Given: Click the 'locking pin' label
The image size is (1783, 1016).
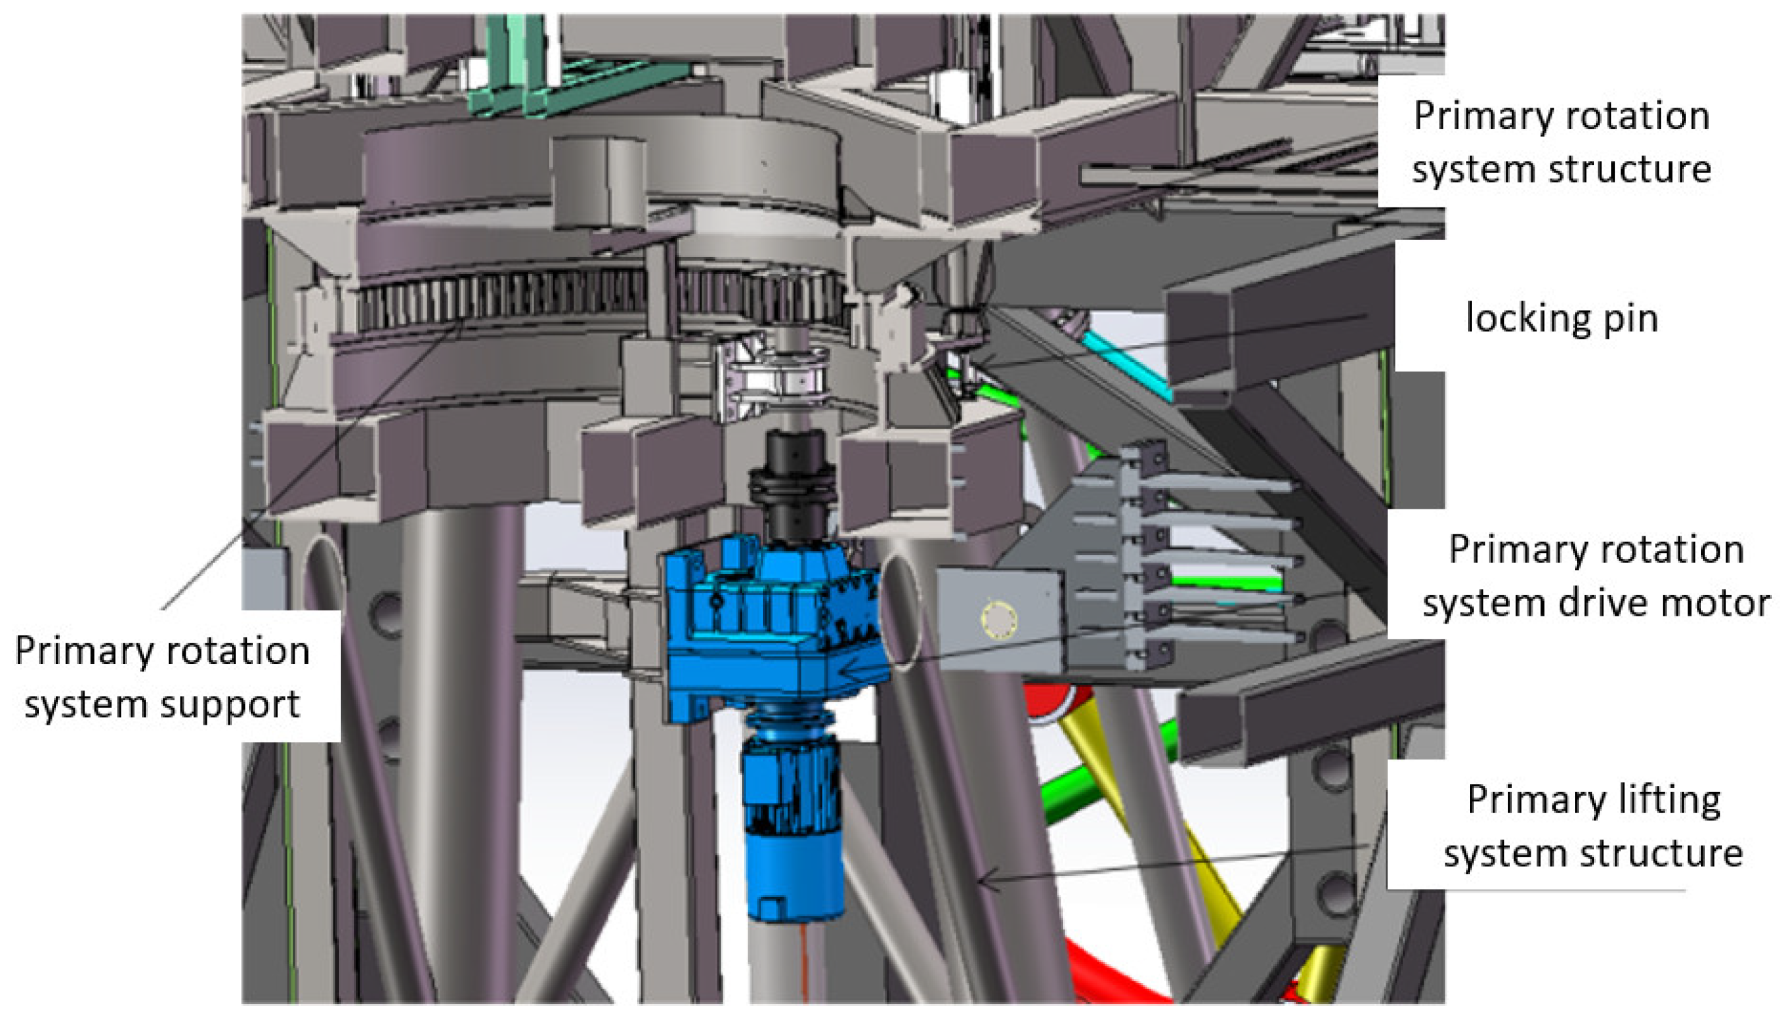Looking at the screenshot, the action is point(1561,319).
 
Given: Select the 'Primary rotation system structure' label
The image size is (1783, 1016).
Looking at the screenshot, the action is point(1562,142).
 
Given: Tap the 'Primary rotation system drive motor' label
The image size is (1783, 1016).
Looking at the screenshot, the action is point(1597,577).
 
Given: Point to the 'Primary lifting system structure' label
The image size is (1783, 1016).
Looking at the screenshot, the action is point(1593,827).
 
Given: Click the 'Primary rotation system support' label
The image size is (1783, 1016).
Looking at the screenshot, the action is point(162,678).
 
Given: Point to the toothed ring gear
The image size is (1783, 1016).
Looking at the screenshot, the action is point(600,300).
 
